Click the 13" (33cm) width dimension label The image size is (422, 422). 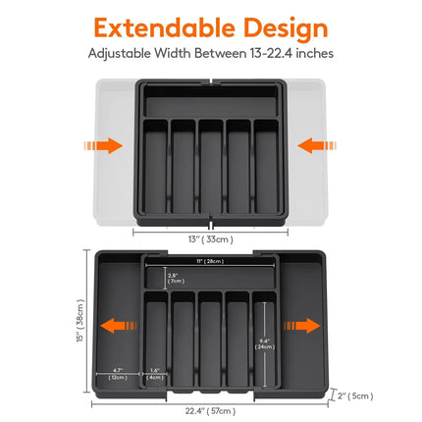210,237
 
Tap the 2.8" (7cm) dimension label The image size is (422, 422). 175,277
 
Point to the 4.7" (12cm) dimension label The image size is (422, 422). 117,373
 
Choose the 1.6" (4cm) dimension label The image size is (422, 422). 154,373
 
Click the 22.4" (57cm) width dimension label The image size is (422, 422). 210,410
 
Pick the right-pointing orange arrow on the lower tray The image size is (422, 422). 298,325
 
